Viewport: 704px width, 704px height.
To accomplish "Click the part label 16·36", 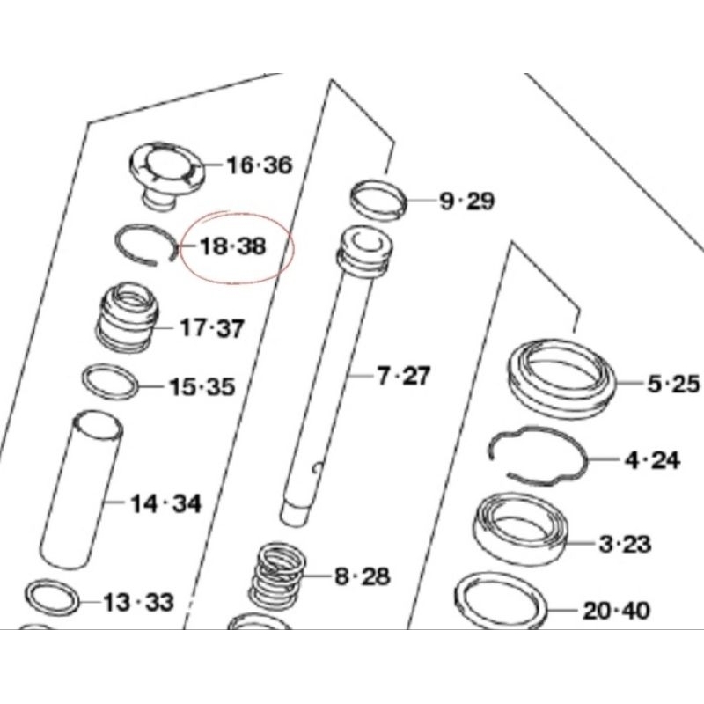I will point(259,165).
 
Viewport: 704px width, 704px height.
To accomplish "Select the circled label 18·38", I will point(233,247).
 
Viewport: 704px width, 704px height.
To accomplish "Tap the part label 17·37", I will point(212,329).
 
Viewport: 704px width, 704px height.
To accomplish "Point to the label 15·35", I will point(202,386).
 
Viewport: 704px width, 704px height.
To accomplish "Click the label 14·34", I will point(165,504).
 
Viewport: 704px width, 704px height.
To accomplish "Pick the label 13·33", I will point(138,603).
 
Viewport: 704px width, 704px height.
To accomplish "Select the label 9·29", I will point(466,202).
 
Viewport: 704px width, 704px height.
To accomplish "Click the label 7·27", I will point(403,377).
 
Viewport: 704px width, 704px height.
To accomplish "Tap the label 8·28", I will point(362,577).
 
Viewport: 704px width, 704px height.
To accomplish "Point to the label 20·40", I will point(616,609).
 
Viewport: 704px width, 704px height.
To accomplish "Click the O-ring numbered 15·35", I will point(110,383).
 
